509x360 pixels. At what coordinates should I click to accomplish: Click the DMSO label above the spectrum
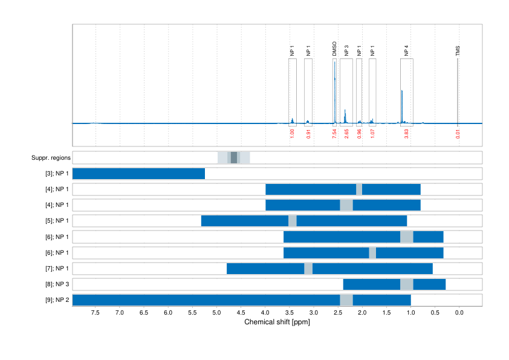click(334, 48)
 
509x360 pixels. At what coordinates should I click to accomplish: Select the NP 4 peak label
click(406, 50)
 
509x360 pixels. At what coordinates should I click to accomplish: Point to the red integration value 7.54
click(334, 134)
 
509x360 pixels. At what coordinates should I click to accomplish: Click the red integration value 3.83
click(406, 134)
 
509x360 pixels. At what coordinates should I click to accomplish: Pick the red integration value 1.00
click(292, 134)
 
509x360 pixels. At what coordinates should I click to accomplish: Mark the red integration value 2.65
click(346, 134)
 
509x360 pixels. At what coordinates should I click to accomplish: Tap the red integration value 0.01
click(458, 134)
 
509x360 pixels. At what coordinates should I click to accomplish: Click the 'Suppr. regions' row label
click(51, 158)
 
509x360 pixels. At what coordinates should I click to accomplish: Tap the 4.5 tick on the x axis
click(241, 312)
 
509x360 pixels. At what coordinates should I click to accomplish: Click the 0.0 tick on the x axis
click(459, 312)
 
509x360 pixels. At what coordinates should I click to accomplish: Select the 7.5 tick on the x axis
click(96, 312)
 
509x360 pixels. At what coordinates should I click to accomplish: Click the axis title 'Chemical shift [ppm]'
click(277, 322)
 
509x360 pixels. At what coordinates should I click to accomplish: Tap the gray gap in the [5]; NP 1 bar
click(293, 221)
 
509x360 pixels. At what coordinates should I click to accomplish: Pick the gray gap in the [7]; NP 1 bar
click(308, 268)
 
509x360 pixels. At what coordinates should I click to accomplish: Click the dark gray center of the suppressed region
click(234, 158)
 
